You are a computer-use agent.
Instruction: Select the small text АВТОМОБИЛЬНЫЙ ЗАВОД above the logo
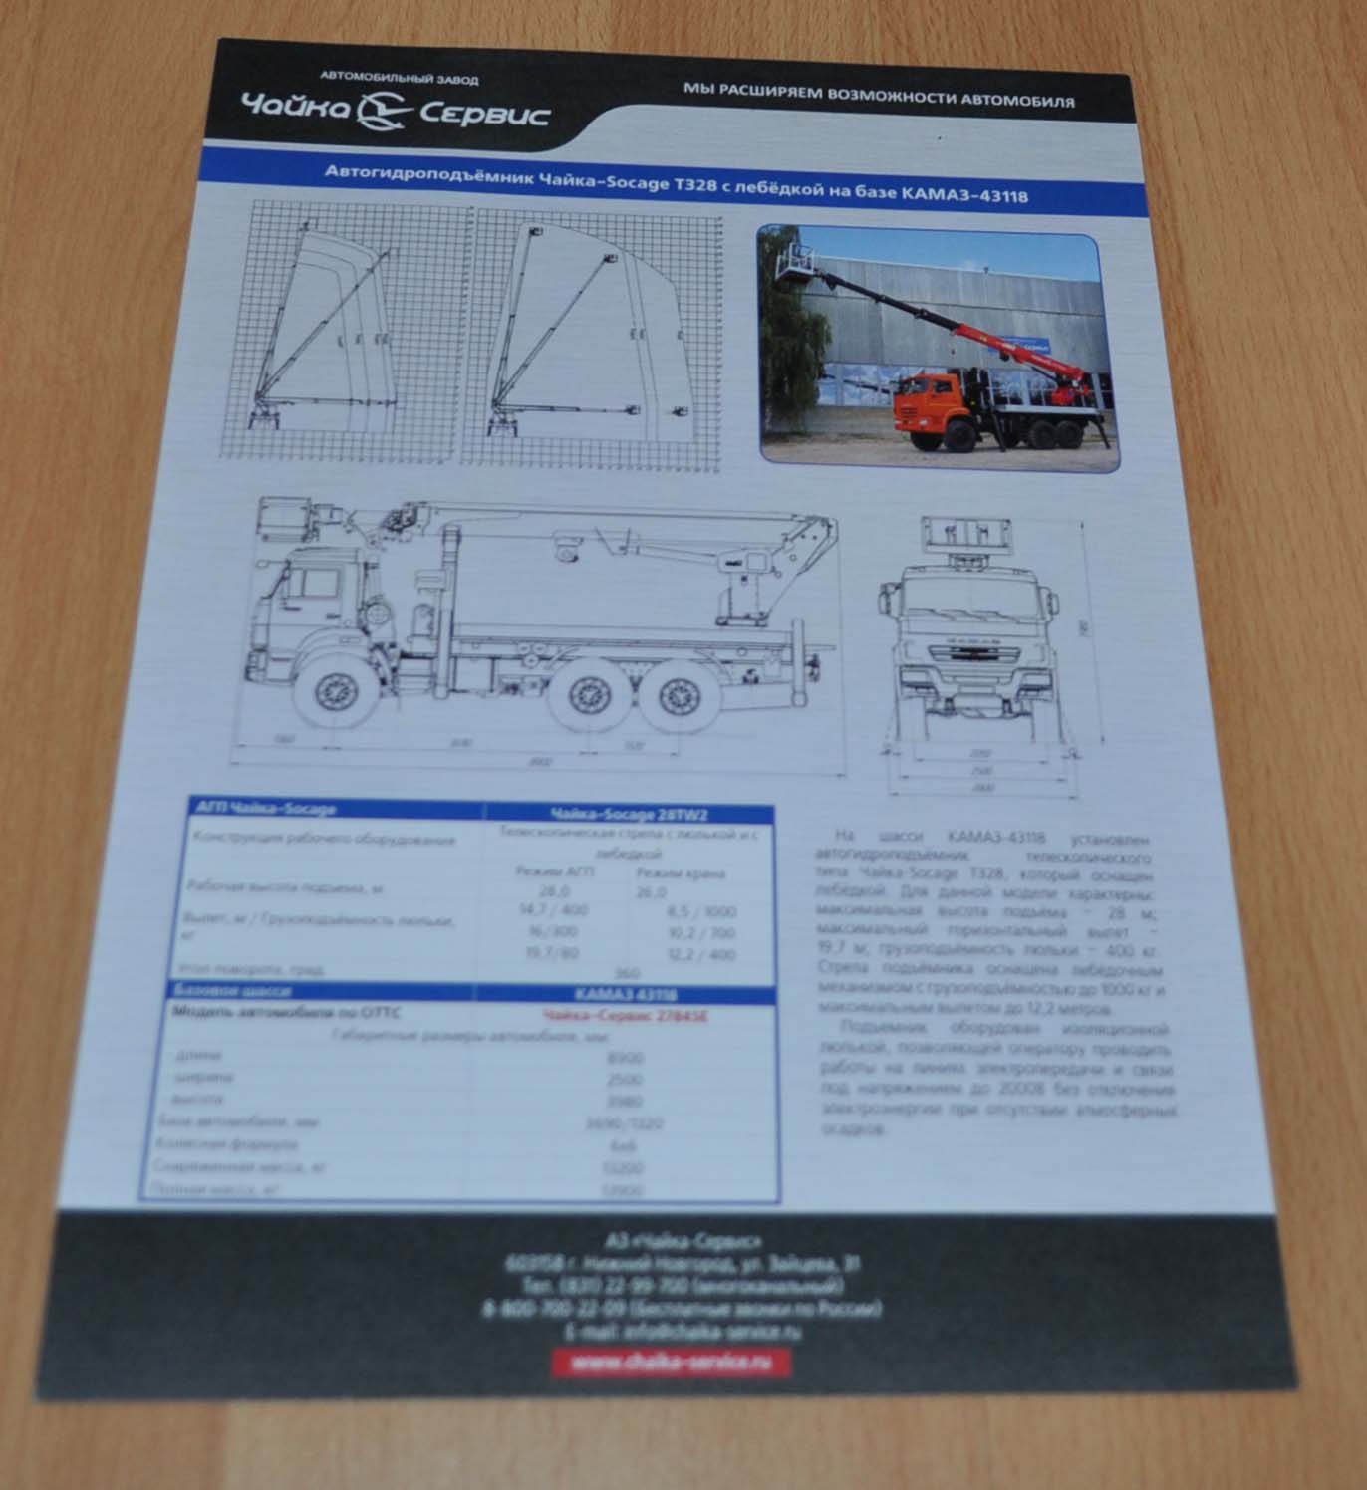pos(399,78)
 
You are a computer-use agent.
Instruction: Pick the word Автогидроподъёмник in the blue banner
pos(428,174)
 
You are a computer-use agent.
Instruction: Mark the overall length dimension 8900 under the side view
pos(541,763)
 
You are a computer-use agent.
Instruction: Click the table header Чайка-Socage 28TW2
pos(629,814)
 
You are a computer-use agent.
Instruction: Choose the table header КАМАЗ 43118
pos(626,994)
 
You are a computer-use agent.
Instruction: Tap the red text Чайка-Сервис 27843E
pos(626,1016)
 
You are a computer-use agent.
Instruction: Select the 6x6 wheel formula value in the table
pos(623,1145)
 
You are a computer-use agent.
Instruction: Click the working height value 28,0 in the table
pos(554,891)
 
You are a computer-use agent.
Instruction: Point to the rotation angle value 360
pos(627,973)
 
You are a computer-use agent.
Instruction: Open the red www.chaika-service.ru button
pos(671,1364)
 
